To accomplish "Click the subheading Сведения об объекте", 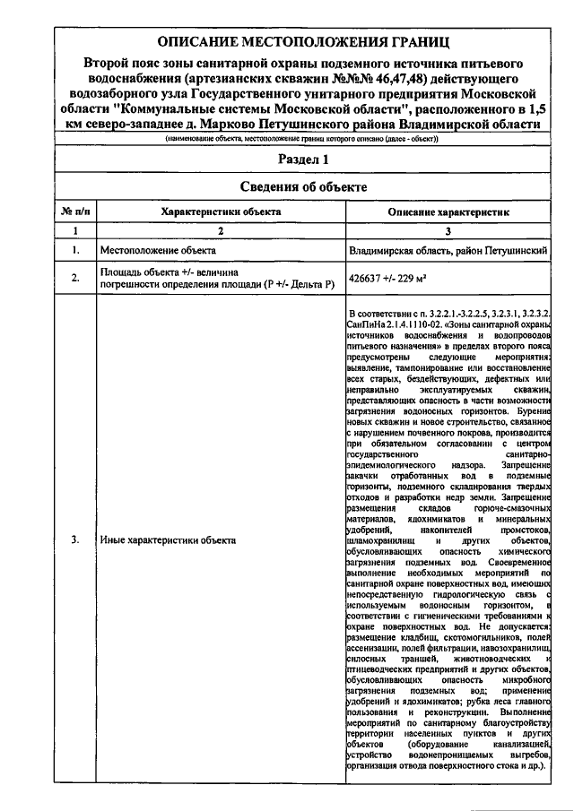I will pos(302,186).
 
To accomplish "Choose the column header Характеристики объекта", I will pos(220,211).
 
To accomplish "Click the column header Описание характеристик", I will pos(448,211).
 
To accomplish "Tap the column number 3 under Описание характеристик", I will pos(448,231).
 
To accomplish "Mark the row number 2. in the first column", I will pos(74,279).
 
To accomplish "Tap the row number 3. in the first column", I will pos(74,540).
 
